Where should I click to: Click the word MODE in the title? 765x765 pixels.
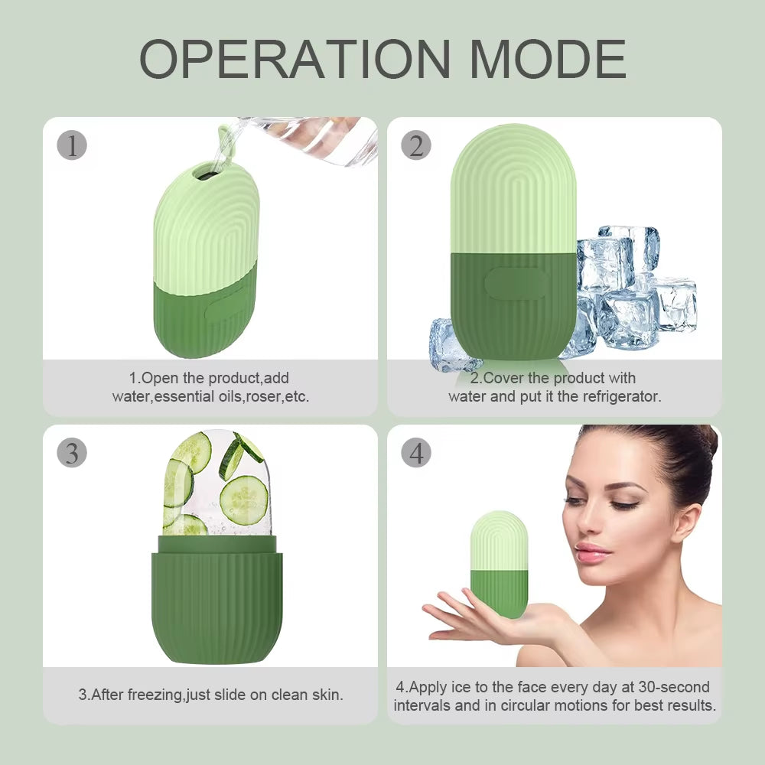tap(549, 59)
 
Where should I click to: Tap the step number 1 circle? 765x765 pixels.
tap(73, 145)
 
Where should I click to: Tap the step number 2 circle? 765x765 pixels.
tap(416, 145)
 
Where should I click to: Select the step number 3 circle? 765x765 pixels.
tap(72, 453)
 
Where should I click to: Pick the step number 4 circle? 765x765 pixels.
tap(416, 453)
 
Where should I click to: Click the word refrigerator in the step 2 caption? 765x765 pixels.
tap(622, 397)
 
